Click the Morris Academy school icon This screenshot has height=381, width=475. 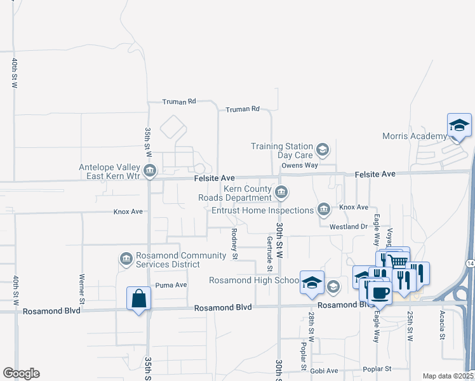[459, 126]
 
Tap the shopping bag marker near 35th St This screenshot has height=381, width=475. [139, 298]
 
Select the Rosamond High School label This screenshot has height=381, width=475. [254, 280]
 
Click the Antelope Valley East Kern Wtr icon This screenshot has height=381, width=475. [150, 170]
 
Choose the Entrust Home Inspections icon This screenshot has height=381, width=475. [323, 210]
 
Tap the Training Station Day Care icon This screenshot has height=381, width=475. [322, 150]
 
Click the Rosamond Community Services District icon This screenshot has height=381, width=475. [125, 258]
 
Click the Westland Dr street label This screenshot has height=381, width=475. [349, 226]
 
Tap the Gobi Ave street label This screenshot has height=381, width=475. [324, 370]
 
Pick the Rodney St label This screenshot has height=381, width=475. [234, 244]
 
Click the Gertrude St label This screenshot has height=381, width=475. [270, 254]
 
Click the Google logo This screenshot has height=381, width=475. [21, 373]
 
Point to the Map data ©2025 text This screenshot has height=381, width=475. [448, 376]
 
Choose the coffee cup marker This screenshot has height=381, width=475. [380, 293]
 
